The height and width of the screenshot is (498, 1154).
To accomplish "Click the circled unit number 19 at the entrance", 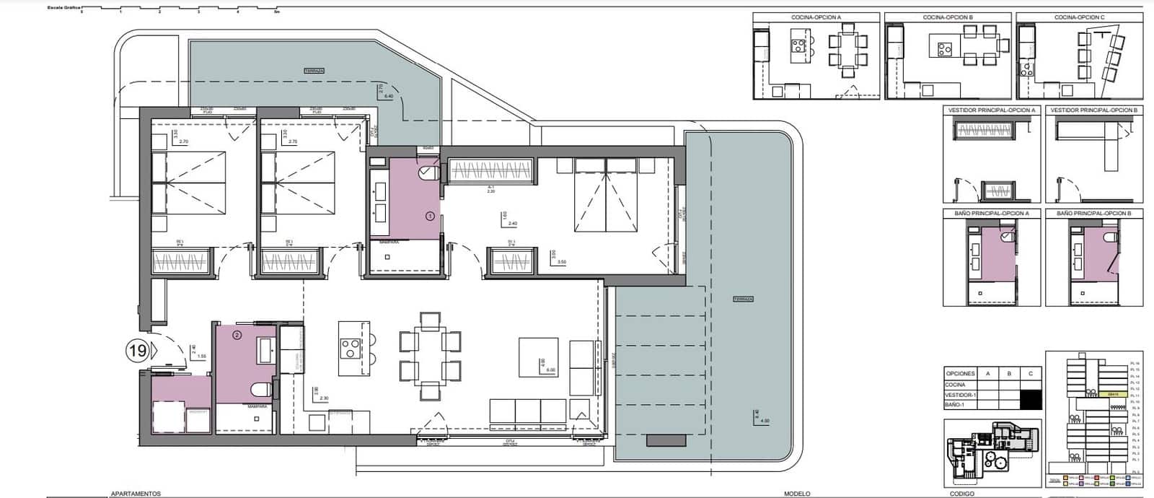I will [136, 351].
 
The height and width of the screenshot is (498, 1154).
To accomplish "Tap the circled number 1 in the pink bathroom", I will [431, 215].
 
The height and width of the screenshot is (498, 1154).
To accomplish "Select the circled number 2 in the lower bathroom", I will [237, 334].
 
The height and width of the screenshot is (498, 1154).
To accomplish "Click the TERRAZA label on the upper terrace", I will [314, 71].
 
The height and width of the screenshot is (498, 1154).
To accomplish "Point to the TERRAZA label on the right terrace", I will [742, 299].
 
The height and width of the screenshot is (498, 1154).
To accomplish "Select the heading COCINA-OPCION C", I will [1079, 17].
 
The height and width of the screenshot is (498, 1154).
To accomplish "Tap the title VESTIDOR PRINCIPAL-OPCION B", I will [1093, 110].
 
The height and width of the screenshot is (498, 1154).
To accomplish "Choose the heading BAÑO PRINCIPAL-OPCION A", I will [990, 214].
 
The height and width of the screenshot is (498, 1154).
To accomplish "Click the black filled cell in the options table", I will [1031, 399].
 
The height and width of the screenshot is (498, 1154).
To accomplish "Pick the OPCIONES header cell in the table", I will [960, 373].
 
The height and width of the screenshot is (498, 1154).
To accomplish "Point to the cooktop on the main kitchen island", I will [351, 349].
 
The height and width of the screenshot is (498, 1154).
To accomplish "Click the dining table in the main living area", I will [430, 356].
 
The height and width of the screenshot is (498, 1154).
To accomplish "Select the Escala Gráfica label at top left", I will [63, 7].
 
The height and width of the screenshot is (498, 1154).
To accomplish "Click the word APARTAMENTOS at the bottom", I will [136, 494].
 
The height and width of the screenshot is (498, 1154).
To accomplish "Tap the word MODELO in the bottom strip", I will [797, 494].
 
